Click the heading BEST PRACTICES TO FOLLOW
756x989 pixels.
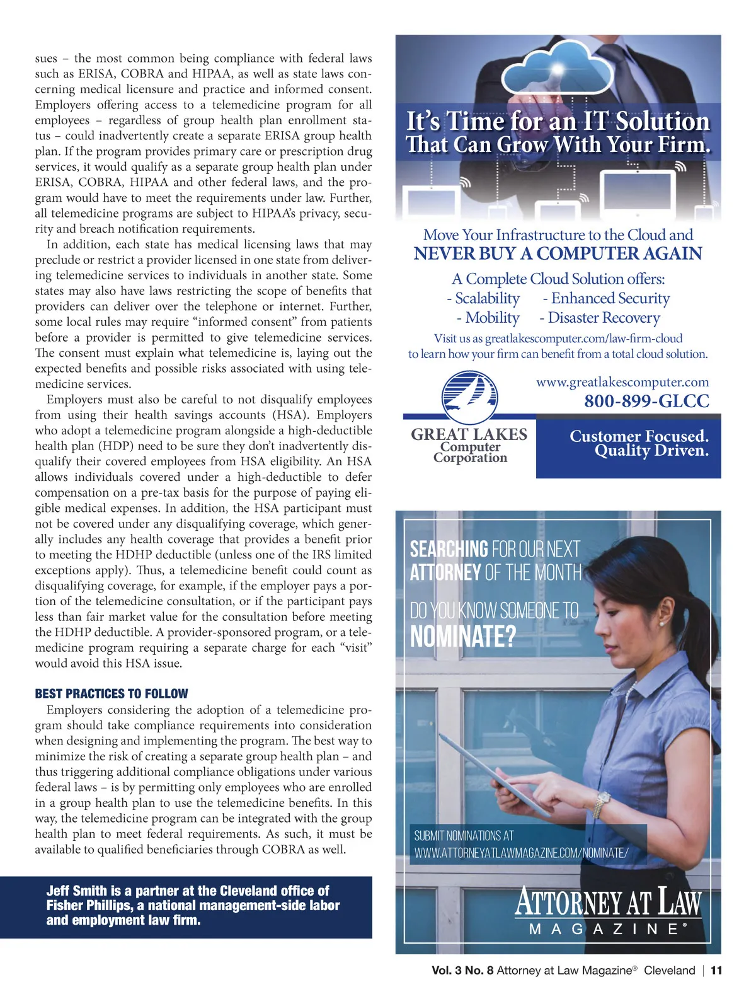[112, 693]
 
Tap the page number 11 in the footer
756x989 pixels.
[716, 971]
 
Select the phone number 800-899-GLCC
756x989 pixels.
[646, 401]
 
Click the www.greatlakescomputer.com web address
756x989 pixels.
[622, 382]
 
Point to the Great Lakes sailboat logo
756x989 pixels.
[469, 397]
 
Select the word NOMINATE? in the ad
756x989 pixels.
[462, 637]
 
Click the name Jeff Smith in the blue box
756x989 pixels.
[77, 891]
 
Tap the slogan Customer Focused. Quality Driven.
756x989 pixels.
[639, 443]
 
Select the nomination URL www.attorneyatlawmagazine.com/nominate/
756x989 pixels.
[521, 853]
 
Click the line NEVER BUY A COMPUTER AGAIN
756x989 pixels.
[558, 254]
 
